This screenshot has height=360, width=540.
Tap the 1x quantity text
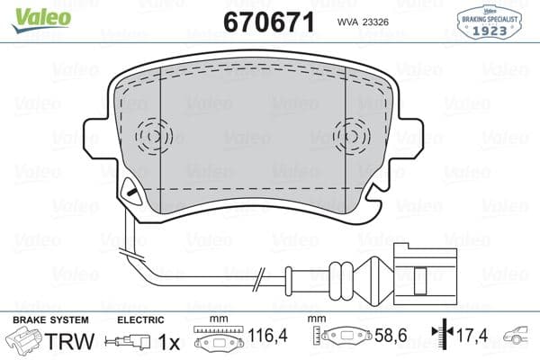coord(169,342)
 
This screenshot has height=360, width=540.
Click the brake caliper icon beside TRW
coord(23,342)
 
